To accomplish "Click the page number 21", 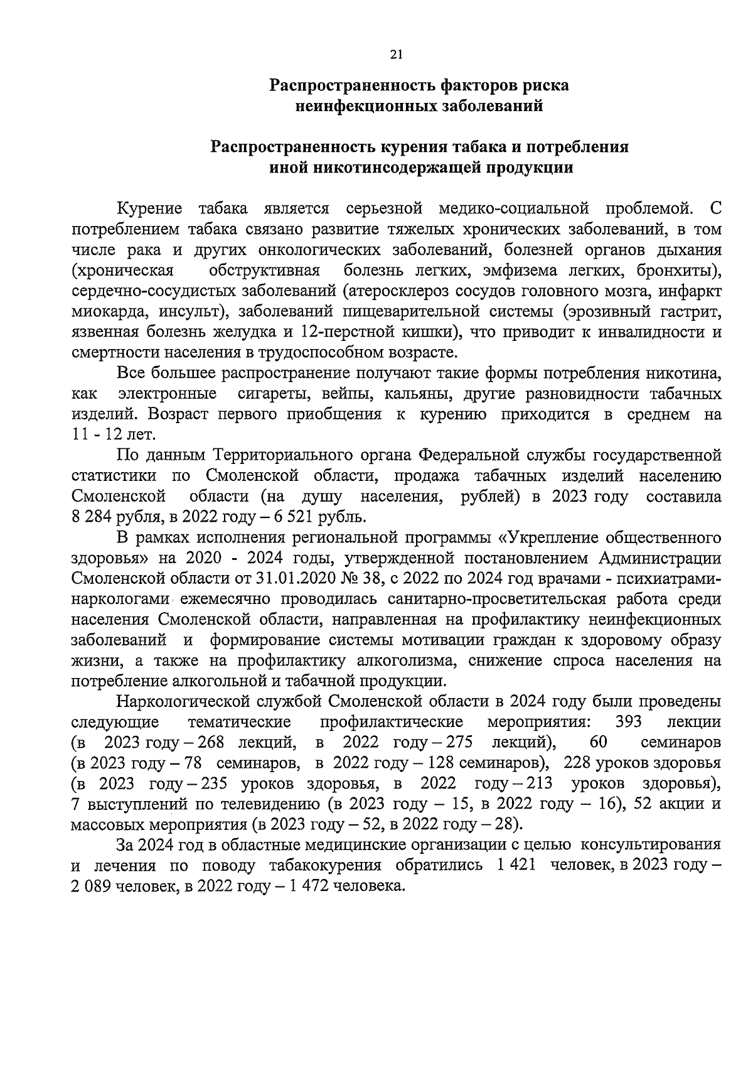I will point(395,55).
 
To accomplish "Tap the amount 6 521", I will point(291,517).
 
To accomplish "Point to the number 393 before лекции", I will point(628,721).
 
